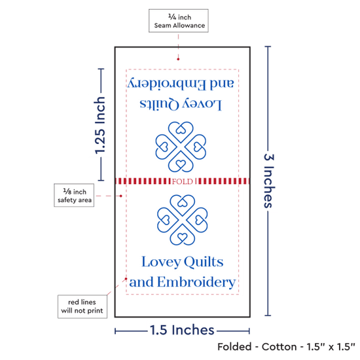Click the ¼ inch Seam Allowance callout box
[x=179, y=21]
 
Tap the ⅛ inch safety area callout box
[x=74, y=195]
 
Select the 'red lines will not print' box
[x=82, y=306]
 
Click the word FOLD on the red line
[x=183, y=181]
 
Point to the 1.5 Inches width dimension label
[x=182, y=330]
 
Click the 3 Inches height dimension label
[x=269, y=181]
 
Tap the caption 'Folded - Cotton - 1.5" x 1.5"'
[x=286, y=347]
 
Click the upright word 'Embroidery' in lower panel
[x=196, y=283]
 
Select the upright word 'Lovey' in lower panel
[x=161, y=262]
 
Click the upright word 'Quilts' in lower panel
[x=204, y=262]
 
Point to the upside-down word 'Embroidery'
[x=167, y=84]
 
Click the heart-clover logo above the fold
[x=181, y=147]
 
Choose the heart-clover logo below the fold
[x=183, y=220]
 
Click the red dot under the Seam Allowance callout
[x=178, y=59]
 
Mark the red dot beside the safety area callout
[x=121, y=196]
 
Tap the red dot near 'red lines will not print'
[x=126, y=279]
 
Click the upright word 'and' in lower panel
[x=141, y=282]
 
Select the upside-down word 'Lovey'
[x=202, y=105]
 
